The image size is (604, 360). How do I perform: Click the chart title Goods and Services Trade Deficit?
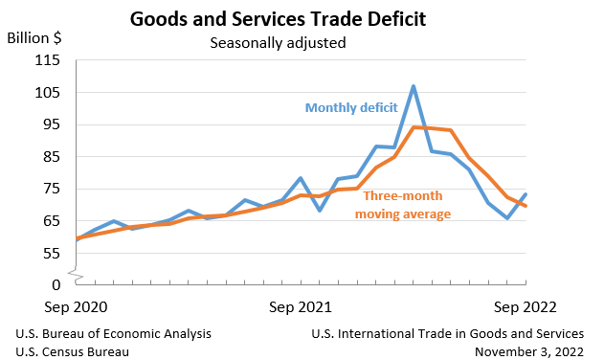(278, 18)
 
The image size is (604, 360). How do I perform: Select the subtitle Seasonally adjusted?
(277, 42)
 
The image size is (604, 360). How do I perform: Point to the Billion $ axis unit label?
(35, 38)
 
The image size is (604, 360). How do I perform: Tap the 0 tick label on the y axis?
(56, 284)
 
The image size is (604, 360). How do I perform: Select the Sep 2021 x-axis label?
(301, 307)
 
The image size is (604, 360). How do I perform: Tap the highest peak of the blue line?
(414, 86)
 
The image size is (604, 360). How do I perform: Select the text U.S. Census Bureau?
(73, 351)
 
